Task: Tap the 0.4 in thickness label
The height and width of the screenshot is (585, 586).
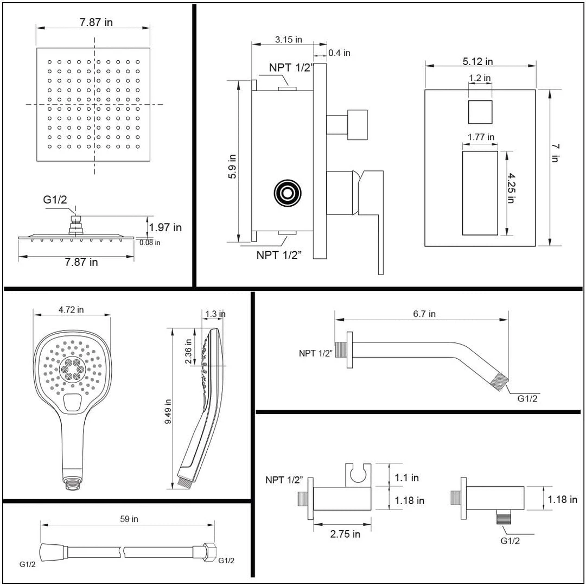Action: (340, 53)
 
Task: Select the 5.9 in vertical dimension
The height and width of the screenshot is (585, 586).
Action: (232, 168)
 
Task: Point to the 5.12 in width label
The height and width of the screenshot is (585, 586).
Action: (477, 61)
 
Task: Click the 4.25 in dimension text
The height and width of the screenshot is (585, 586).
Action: (511, 188)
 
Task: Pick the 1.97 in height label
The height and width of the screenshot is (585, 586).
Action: (165, 227)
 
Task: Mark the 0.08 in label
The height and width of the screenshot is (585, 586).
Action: (149, 243)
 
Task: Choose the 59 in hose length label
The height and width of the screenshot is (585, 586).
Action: (129, 519)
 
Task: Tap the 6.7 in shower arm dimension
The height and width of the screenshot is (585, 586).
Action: (424, 314)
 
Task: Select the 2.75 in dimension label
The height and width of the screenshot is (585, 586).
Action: (345, 534)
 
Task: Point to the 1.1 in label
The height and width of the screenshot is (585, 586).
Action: (407, 478)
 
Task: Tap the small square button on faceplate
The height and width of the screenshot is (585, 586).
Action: (480, 112)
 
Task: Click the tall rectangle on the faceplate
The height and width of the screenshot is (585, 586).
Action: (480, 193)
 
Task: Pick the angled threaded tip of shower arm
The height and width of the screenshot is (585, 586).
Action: (500, 379)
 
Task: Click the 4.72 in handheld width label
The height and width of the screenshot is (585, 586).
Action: (72, 310)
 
